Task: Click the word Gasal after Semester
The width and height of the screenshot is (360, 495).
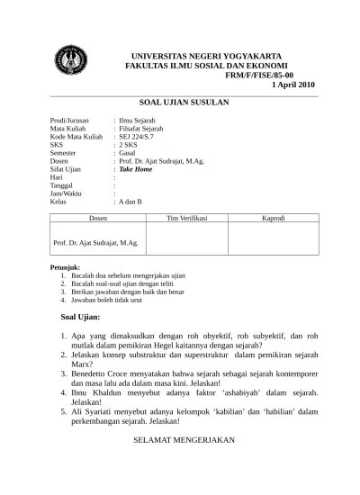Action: [129, 153]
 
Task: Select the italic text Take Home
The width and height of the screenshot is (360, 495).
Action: [136, 169]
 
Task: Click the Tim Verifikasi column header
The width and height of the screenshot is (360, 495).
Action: [187, 219]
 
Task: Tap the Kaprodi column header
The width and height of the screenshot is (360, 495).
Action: [274, 219]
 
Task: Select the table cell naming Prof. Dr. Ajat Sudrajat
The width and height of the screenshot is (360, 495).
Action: [95, 242]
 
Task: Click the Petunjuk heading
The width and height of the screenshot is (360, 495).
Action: [66, 267]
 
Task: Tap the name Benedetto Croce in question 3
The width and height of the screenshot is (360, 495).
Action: [115, 369]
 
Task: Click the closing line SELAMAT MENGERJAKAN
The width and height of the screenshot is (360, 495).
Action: [184, 440]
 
